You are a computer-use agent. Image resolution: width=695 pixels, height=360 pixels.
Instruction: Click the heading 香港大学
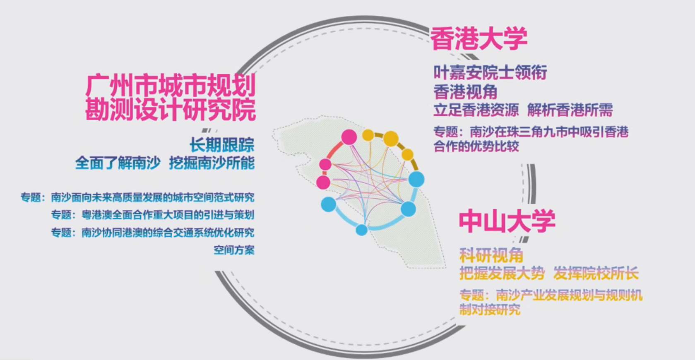[479, 39]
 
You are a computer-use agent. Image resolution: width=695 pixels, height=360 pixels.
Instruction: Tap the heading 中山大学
[507, 221]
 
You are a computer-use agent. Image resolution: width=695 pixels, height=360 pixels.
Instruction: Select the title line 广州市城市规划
[171, 85]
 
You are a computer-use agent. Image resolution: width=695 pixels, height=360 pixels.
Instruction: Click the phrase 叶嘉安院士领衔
[490, 73]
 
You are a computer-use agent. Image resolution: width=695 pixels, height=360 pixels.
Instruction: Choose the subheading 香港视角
[465, 92]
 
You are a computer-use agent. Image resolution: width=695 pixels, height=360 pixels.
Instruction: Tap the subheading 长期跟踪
[222, 145]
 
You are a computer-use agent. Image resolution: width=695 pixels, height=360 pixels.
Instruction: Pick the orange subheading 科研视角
[491, 255]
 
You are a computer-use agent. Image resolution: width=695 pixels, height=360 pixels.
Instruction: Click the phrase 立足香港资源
[476, 110]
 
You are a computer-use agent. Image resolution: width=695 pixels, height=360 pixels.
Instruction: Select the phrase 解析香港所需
[570, 110]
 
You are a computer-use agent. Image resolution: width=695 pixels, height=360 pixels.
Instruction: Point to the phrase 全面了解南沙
[118, 163]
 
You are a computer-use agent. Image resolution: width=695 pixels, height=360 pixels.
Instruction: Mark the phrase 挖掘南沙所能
[212, 163]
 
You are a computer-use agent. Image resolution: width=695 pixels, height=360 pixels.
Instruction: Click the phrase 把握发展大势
[502, 273]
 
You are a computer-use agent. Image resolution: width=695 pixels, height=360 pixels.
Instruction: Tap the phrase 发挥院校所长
[596, 273]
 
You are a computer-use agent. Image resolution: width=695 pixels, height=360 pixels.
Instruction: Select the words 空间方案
[234, 250]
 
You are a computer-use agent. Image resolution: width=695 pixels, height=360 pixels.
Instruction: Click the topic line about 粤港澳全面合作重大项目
[153, 215]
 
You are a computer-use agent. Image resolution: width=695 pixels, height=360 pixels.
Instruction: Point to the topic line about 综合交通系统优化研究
[153, 233]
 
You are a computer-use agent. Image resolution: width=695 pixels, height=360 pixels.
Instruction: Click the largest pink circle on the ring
[349, 137]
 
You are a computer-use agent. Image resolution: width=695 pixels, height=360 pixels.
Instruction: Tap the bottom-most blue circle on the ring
[361, 230]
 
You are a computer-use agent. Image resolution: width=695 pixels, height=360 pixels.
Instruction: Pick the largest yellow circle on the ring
[391, 139]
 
